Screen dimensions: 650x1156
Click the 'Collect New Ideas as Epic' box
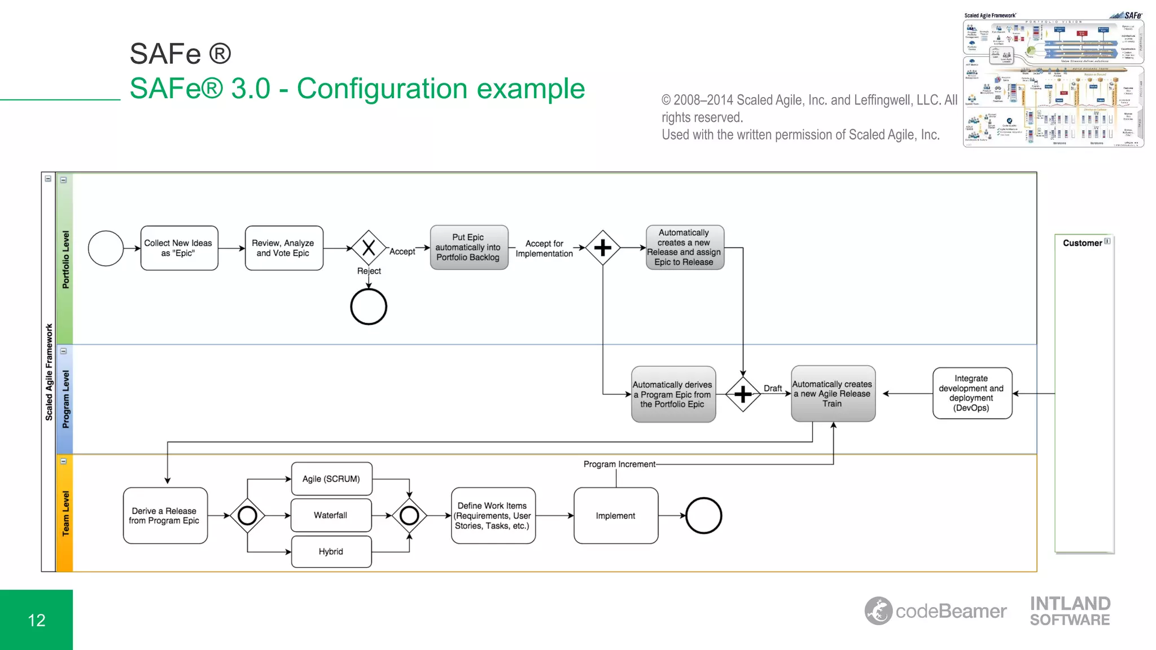pyautogui.click(x=179, y=248)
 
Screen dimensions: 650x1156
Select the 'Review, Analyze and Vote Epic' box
pyautogui.click(x=284, y=248)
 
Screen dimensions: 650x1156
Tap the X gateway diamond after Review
pyautogui.click(x=369, y=248)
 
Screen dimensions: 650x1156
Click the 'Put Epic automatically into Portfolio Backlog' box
pyautogui.click(x=468, y=248)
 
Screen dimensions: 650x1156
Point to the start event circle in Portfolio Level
pyautogui.click(x=106, y=248)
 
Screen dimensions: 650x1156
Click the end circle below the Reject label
pyautogui.click(x=369, y=307)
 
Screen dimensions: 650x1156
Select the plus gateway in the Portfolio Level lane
pyautogui.click(x=603, y=248)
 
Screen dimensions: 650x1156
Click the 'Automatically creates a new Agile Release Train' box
pyautogui.click(x=833, y=394)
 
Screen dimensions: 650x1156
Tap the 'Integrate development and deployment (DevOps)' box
pyautogui.click(x=971, y=393)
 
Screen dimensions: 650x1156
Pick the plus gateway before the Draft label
pyautogui.click(x=743, y=394)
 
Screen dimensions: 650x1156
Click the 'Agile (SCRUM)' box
pyautogui.click(x=331, y=479)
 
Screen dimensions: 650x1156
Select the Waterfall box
pyautogui.click(x=331, y=515)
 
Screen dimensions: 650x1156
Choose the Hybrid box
pyautogui.click(x=331, y=552)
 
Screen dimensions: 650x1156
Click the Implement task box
pyautogui.click(x=616, y=516)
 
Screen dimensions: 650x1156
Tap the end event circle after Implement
pyautogui.click(x=703, y=516)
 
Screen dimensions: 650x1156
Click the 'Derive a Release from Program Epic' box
pyautogui.click(x=165, y=516)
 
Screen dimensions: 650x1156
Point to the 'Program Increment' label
pyautogui.click(x=619, y=464)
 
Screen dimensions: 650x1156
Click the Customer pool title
pyautogui.click(x=1082, y=243)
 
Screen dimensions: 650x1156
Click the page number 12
pyautogui.click(x=37, y=621)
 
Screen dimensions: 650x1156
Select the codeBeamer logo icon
pyautogui.click(x=878, y=611)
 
